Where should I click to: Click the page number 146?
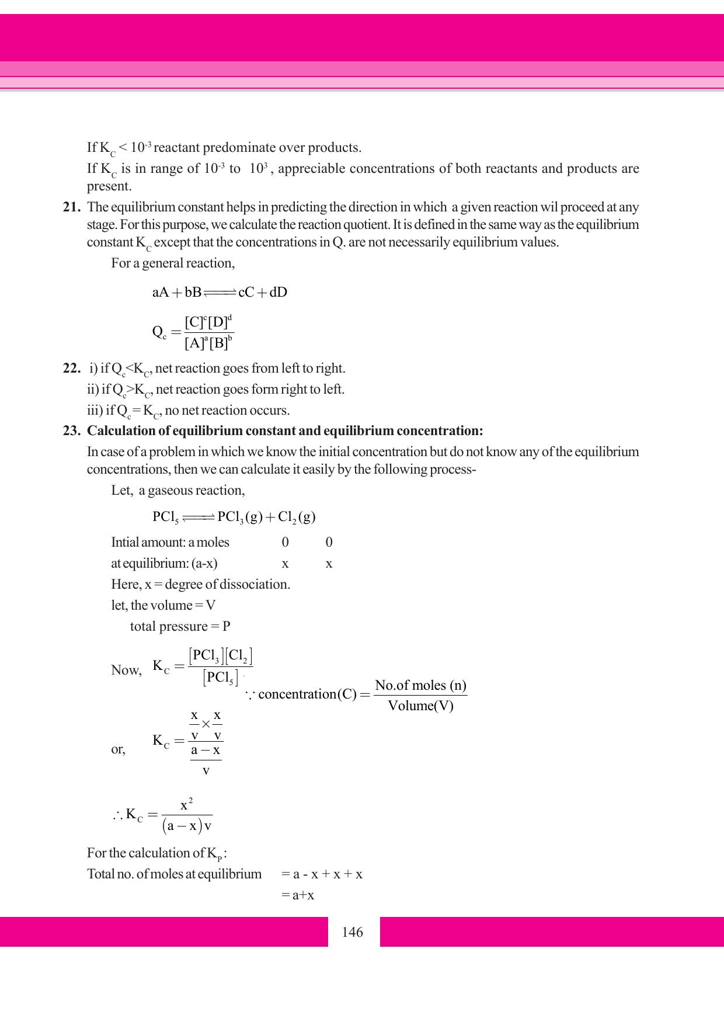coord(353,932)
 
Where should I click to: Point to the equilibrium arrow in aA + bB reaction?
coord(220,293)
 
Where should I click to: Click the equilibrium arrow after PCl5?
coord(199,517)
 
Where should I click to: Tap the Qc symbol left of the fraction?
coord(159,332)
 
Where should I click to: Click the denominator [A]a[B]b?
coord(208,343)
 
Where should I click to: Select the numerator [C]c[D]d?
coord(208,322)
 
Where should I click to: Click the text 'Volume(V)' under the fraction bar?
coord(420,706)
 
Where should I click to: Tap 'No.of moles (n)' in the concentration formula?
coord(420,685)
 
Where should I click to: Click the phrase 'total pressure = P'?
coord(180,627)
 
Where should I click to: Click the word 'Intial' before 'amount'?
coord(125,543)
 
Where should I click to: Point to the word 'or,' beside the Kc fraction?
coord(118,749)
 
